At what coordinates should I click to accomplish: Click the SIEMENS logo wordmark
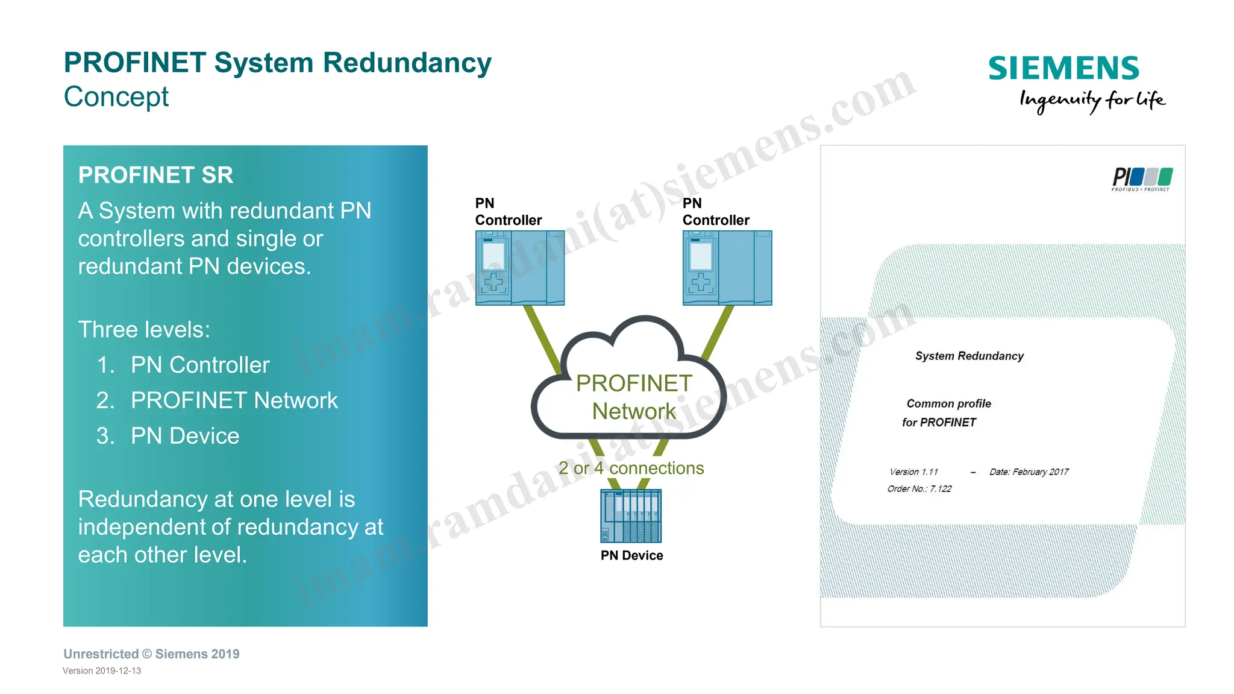[x=1063, y=68]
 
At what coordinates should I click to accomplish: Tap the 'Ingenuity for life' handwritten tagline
[x=1092, y=100]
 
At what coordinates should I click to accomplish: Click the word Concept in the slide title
[x=116, y=96]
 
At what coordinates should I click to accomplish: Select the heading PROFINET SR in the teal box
[x=155, y=175]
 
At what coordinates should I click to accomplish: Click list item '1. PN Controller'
[x=183, y=365]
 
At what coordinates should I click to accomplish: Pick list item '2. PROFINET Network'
[x=217, y=400]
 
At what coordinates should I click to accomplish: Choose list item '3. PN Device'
[x=168, y=436]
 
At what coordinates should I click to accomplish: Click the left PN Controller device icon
[x=519, y=268]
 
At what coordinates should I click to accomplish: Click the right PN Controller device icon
[x=727, y=268]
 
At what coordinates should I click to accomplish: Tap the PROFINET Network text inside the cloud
[x=634, y=397]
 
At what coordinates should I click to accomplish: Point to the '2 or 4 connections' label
[x=631, y=468]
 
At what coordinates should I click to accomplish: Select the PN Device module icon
[x=631, y=516]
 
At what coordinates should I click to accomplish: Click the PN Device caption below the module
[x=631, y=555]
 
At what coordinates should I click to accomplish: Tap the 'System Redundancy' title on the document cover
[x=969, y=356]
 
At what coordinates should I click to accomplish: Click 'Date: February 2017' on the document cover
[x=1029, y=472]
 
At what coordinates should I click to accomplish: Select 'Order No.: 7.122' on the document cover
[x=919, y=488]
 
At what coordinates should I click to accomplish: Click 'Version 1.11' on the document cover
[x=913, y=472]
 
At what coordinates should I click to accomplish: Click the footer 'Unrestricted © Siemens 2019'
[x=151, y=654]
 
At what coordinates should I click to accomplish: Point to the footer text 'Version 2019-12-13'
[x=102, y=670]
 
